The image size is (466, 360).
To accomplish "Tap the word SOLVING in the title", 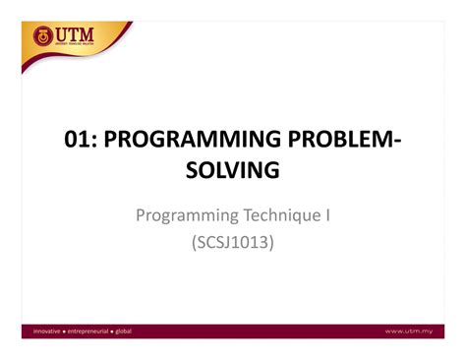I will [x=233, y=172].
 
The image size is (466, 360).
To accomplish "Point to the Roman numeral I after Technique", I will [x=327, y=213].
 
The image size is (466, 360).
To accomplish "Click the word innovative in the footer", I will [x=40, y=330].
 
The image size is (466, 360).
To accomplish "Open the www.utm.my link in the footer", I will [x=409, y=330].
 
